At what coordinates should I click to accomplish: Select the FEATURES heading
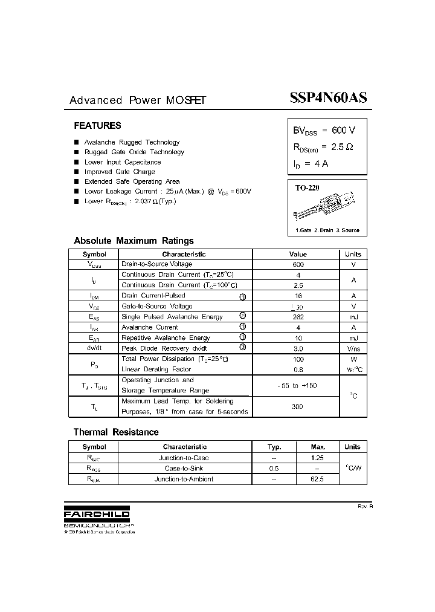[97, 126]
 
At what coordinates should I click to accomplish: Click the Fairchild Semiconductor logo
[97, 514]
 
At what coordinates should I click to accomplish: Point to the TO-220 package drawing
[326, 205]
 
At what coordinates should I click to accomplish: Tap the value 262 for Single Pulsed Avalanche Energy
[298, 317]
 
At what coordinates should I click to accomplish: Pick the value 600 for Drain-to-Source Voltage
[298, 264]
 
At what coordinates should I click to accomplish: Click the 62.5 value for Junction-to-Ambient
[317, 479]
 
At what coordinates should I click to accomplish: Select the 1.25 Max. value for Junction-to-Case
[317, 458]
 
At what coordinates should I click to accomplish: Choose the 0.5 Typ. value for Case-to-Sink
[274, 469]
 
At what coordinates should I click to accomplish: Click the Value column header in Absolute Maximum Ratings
[298, 255]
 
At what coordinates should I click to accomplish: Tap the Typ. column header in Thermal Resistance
[274, 447]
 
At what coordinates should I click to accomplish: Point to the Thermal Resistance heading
[116, 432]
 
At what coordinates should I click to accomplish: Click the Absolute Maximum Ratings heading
[134, 241]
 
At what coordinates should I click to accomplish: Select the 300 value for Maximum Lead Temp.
[297, 406]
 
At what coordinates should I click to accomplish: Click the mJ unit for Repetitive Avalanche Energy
[353, 338]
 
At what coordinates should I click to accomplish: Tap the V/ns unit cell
[353, 349]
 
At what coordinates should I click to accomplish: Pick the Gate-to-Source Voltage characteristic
[157, 306]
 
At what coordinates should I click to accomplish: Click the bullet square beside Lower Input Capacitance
[77, 162]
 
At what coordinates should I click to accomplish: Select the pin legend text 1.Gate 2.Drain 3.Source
[327, 230]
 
